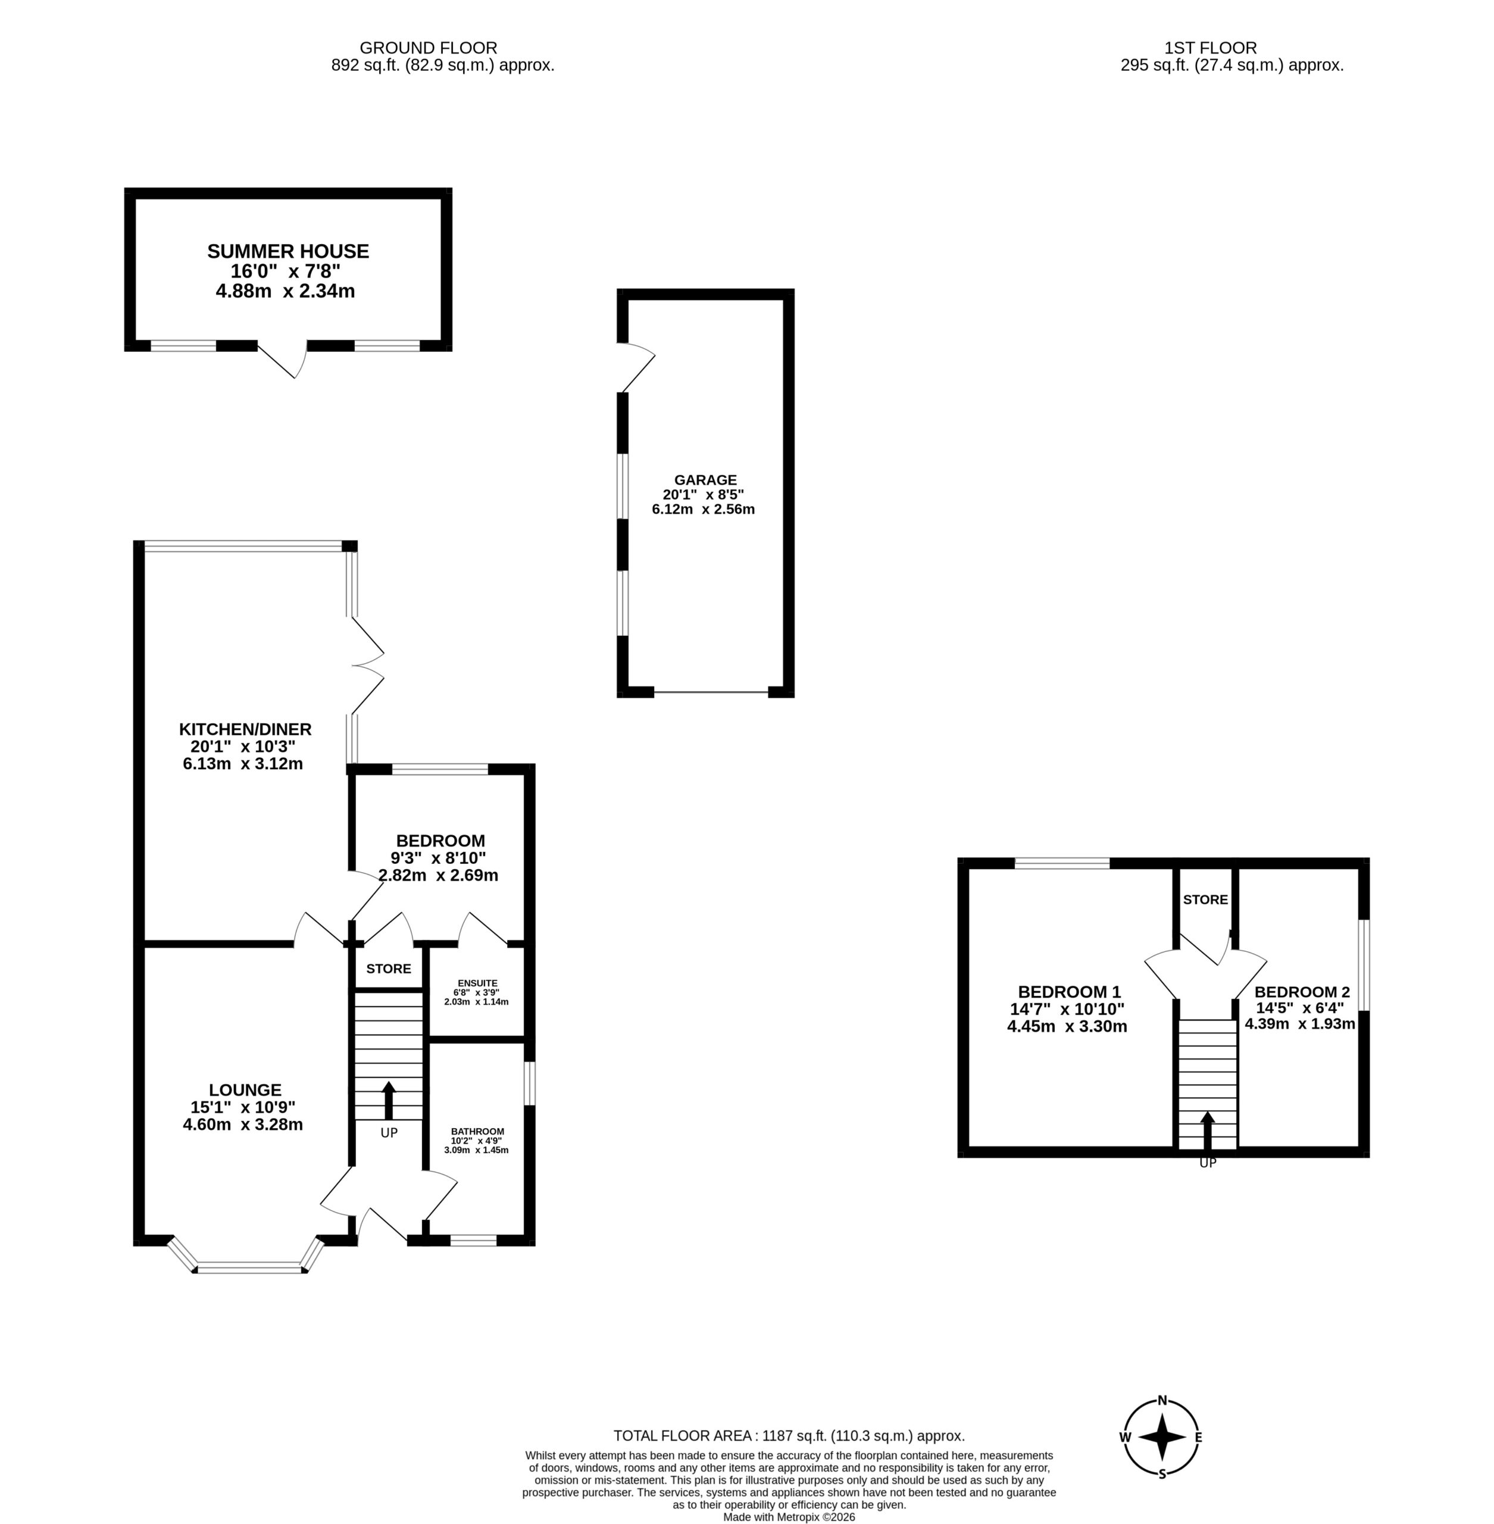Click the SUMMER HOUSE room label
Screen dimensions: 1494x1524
point(288,251)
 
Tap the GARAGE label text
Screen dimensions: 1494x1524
point(705,479)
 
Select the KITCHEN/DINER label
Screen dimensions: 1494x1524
point(245,729)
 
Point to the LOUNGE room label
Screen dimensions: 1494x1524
point(245,1090)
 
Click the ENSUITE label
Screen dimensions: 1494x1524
point(478,982)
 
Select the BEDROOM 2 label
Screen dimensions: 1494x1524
point(1302,992)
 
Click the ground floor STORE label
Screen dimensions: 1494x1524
point(389,969)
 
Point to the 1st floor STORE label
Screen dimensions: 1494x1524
point(1205,900)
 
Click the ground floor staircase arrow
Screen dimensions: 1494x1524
point(389,1100)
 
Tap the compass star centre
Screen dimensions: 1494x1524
point(1162,1438)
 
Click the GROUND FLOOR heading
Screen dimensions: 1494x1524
point(429,48)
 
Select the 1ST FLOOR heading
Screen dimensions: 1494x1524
point(1211,48)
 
